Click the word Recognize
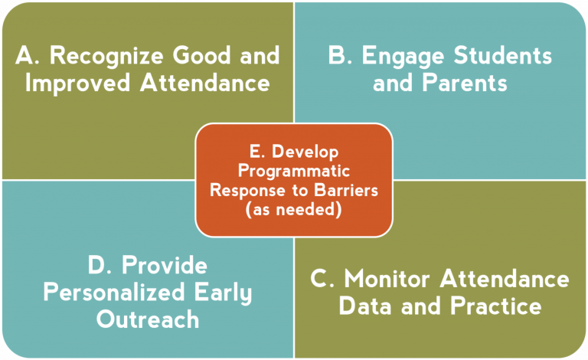(106, 56)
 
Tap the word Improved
(77, 83)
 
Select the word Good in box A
(202, 55)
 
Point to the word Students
(502, 55)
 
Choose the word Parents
(465, 83)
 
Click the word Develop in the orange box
(305, 152)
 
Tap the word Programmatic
(294, 172)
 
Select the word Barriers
(346, 190)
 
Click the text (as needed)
(294, 209)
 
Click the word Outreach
(147, 319)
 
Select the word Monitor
(387, 280)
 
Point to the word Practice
(496, 306)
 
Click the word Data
(366, 306)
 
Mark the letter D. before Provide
(100, 265)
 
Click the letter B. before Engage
(340, 55)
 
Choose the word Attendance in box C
(505, 280)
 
